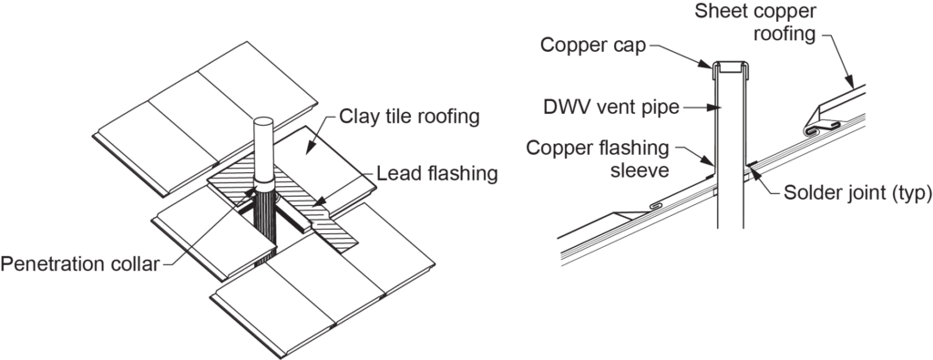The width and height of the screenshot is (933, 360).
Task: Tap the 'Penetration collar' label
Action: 79,264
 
